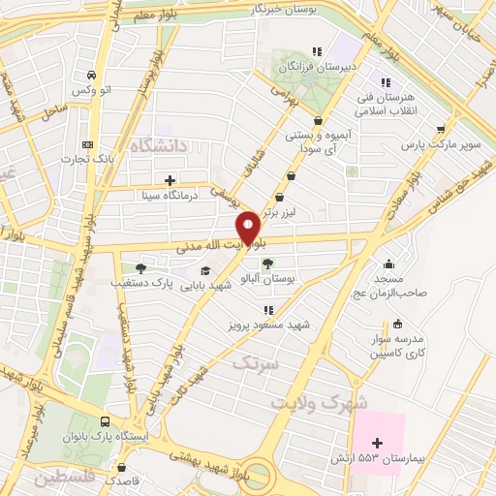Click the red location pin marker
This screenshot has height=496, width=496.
click(248, 229)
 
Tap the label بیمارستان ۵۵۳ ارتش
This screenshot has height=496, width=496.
click(391, 457)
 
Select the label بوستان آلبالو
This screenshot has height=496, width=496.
click(271, 278)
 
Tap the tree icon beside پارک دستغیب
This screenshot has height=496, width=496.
click(141, 268)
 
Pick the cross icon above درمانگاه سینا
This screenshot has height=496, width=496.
click(170, 179)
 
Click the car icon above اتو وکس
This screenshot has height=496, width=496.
click(90, 75)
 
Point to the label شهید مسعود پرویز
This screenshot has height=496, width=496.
click(264, 325)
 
